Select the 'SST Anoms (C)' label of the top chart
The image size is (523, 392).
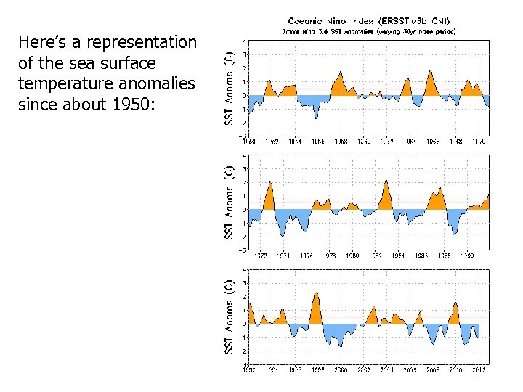(x=229, y=88)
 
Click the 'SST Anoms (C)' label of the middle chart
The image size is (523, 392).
(x=229, y=203)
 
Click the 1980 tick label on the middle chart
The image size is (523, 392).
(x=352, y=256)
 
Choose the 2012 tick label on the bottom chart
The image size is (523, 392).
(x=478, y=369)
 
